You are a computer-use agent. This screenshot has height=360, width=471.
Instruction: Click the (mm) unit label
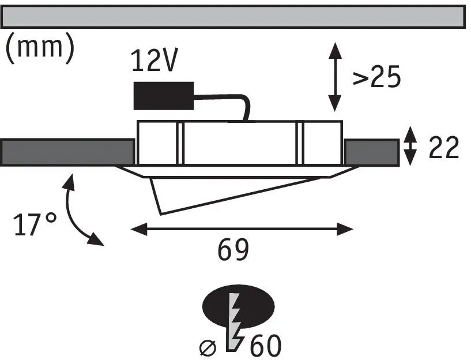[40, 47]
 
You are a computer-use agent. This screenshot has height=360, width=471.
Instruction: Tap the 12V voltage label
[155, 60]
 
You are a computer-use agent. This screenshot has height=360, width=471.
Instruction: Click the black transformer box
[163, 96]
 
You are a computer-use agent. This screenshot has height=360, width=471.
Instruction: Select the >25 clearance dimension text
[376, 76]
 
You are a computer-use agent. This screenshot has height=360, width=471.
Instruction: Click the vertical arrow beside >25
[334, 77]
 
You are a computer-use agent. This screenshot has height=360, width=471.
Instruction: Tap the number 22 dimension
[444, 147]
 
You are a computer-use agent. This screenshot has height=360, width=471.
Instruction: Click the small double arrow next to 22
[410, 146]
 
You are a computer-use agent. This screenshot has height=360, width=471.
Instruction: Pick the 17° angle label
[35, 224]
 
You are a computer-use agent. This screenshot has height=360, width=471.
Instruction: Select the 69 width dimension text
[233, 250]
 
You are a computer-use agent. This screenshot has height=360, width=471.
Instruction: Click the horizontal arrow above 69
[242, 229]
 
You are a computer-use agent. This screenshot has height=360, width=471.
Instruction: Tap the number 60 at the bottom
[266, 346]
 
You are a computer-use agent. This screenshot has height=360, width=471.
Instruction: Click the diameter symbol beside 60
[208, 348]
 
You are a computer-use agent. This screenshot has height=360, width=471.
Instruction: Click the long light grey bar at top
[233, 17]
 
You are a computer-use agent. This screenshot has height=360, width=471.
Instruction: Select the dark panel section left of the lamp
[67, 152]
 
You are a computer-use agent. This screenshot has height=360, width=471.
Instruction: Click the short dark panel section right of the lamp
[372, 152]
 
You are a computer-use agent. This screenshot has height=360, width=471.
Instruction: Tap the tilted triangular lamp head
[210, 192]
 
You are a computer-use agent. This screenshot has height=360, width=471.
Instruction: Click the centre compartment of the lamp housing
[240, 143]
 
